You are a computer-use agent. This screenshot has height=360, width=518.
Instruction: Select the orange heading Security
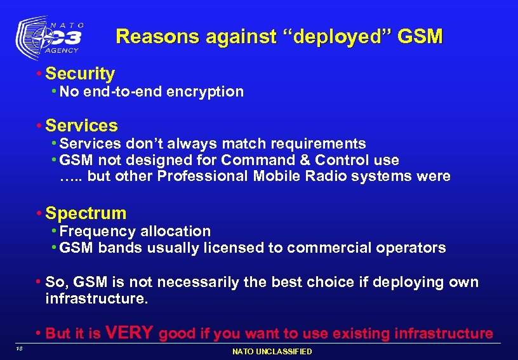[x=80, y=74]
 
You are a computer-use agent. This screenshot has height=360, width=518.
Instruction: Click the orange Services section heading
[x=81, y=126]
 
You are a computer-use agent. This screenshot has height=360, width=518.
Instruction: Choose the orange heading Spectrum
[x=86, y=213]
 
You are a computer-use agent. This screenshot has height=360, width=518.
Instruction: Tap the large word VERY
[x=129, y=332]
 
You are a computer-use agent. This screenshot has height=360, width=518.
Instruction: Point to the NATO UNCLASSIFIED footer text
[x=272, y=352]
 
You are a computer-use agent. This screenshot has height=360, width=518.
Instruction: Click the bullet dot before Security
[x=39, y=74]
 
